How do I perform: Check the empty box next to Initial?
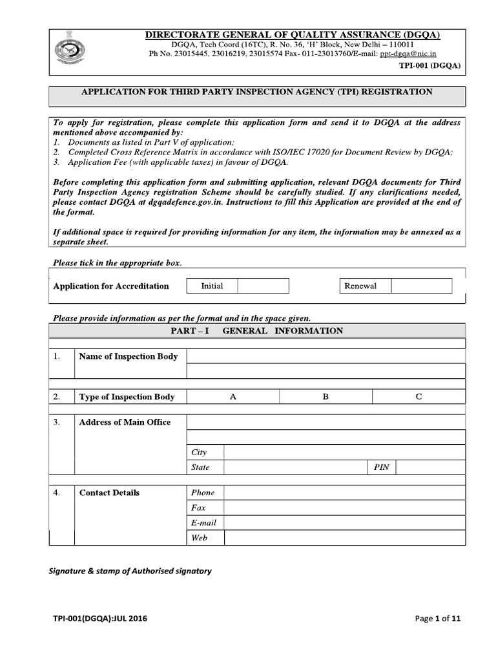tap(263, 286)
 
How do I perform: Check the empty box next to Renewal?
tap(421, 286)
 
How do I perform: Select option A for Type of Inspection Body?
tap(232, 396)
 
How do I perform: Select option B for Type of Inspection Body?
tap(325, 396)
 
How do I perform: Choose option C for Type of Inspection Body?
tap(418, 396)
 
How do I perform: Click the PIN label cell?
tap(382, 467)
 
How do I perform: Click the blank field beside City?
tap(344, 453)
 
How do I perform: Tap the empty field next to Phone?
tap(344, 492)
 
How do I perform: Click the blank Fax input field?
tap(344, 507)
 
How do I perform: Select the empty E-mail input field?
tap(344, 522)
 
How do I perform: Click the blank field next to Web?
tap(344, 537)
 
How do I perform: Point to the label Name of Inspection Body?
tap(129, 356)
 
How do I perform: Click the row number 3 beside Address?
tap(57, 422)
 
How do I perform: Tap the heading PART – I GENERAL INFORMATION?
tap(257, 330)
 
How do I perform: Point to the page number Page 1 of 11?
tap(438, 619)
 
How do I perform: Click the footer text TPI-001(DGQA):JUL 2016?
tap(100, 619)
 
